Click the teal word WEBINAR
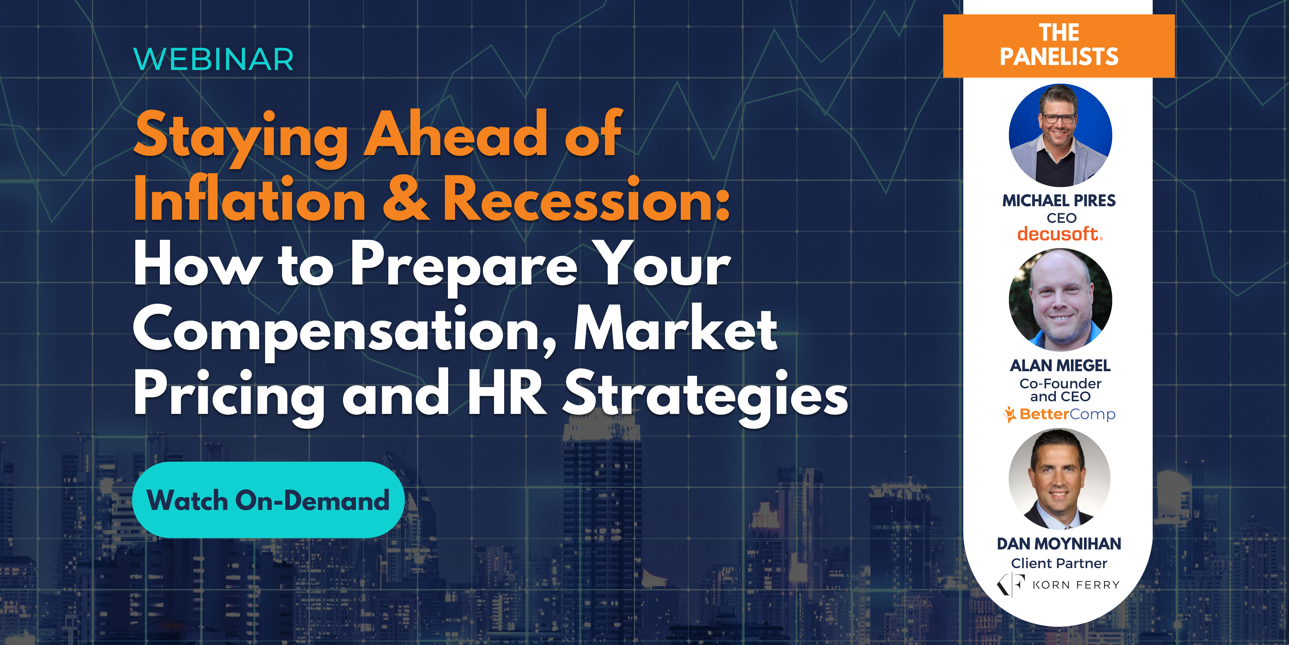(x=214, y=60)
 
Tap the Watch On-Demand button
(x=268, y=500)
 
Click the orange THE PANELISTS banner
(x=1059, y=46)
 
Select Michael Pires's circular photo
(x=1060, y=135)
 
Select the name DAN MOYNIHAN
(x=1059, y=544)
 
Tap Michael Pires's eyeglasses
(x=1059, y=119)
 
